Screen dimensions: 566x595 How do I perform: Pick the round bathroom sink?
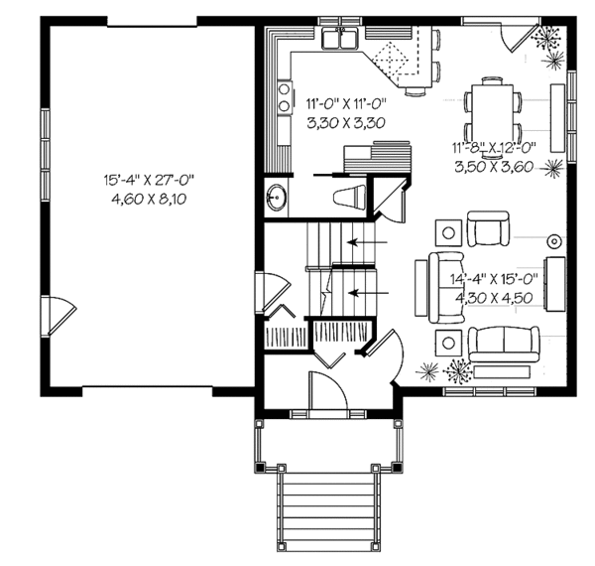point(276,198)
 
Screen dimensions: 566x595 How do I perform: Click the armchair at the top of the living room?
point(487,229)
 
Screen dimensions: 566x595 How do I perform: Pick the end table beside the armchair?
point(448,232)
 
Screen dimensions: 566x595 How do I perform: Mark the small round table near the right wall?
point(553,239)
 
